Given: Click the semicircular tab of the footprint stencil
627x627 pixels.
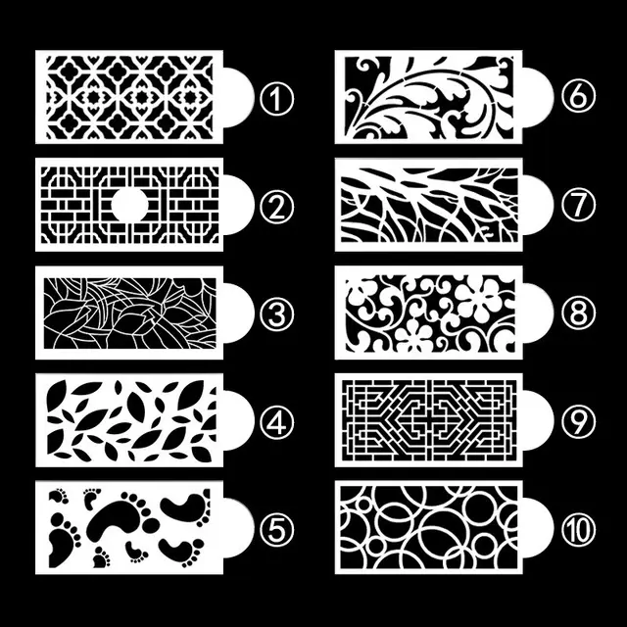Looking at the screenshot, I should pyautogui.click(x=235, y=530).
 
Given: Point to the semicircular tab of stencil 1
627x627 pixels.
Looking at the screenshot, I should pyautogui.click(x=235, y=97).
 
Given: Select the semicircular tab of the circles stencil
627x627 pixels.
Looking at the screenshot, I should pyautogui.click(x=535, y=530).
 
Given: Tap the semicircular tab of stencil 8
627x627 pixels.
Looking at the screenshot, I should pyautogui.click(x=535, y=313).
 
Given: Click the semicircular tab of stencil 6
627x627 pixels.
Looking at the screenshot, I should pyautogui.click(x=535, y=97).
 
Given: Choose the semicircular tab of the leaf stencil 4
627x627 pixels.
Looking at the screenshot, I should pyautogui.click(x=235, y=422).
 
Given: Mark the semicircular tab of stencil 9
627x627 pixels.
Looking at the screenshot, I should pyautogui.click(x=535, y=422).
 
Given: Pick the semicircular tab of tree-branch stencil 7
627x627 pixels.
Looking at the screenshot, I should pyautogui.click(x=535, y=206).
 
